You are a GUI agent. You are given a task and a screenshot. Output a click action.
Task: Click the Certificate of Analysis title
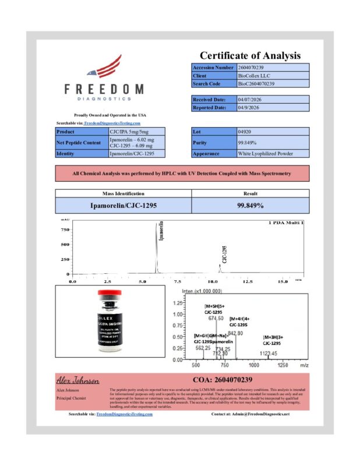pyautogui.click(x=250, y=56)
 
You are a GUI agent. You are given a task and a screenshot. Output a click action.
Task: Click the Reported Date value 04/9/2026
pyautogui.click(x=249, y=108)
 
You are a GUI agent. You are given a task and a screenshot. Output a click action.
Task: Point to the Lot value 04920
pyautogui.click(x=245, y=132)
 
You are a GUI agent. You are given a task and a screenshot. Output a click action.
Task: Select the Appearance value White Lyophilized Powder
pyautogui.click(x=265, y=154)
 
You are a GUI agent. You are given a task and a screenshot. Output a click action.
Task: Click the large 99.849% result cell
pyautogui.click(x=250, y=206)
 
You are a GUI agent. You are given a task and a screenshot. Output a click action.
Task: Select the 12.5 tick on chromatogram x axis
pyautogui.click(x=248, y=281)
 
